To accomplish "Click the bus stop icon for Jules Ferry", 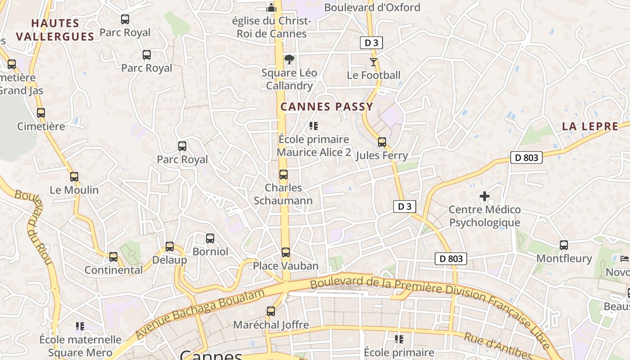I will (x=382, y=142).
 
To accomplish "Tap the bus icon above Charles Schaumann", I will (x=283, y=175).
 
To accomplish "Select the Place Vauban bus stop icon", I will (x=286, y=252).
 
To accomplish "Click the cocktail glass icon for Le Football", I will (x=373, y=62).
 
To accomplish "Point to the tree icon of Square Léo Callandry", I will (x=289, y=59).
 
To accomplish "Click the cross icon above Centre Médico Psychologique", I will (x=485, y=196).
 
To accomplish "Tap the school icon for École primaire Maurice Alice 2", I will (x=314, y=126).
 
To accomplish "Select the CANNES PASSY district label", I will (x=327, y=107).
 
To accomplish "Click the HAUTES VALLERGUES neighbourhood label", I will (x=55, y=30).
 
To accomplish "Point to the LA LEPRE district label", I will (x=590, y=126).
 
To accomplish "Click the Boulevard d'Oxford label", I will (x=372, y=8).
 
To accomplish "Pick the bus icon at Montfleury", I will (x=564, y=245).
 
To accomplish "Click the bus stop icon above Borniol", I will (x=210, y=238).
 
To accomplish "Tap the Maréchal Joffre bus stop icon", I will (x=271, y=311).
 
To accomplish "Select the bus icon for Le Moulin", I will (x=74, y=177).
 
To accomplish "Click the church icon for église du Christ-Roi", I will (x=271, y=8).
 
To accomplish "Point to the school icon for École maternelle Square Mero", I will (x=80, y=326).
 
